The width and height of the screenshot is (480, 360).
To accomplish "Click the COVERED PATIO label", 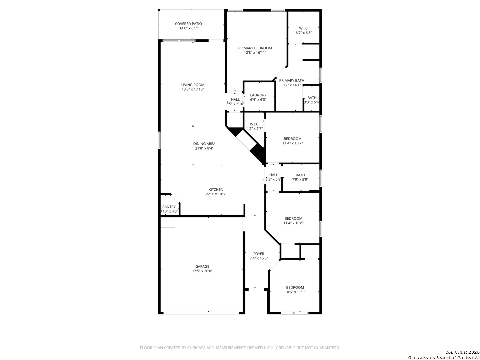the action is pyautogui.click(x=188, y=24).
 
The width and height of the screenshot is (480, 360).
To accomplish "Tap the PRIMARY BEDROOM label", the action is pyautogui.click(x=255, y=48).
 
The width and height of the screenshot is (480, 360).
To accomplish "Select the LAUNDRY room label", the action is pyautogui.click(x=258, y=95).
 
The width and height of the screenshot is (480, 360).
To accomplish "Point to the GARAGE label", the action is pyautogui.click(x=202, y=266).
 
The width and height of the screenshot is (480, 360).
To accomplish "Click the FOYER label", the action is pyautogui.click(x=259, y=254).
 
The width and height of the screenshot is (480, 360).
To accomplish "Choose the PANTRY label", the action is pyautogui.click(x=169, y=207).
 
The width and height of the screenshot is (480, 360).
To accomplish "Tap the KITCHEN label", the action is pyautogui.click(x=216, y=190).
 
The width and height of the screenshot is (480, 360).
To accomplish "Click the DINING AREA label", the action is pyautogui.click(x=204, y=144).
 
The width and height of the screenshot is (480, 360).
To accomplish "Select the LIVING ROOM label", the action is pyautogui.click(x=193, y=85).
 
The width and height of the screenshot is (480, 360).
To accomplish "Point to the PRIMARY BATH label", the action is pyautogui.click(x=291, y=80).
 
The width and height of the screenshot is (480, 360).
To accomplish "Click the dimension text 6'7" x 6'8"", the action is pyautogui.click(x=304, y=33).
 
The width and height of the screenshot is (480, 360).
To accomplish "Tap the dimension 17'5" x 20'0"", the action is pyautogui.click(x=202, y=271).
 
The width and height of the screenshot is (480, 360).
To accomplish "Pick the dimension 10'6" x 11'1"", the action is pyautogui.click(x=295, y=292).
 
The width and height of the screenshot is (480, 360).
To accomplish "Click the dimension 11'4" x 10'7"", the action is pyautogui.click(x=293, y=143).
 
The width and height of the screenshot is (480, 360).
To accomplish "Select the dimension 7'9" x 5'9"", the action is pyautogui.click(x=300, y=179).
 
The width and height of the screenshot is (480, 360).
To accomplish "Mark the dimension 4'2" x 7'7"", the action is pyautogui.click(x=255, y=129).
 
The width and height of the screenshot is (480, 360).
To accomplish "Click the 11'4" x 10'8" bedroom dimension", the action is pyautogui.click(x=293, y=223).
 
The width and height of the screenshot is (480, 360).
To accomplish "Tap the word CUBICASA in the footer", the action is pyautogui.click(x=196, y=348).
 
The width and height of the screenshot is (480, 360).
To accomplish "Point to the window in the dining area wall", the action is pyautogui.click(x=159, y=141).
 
